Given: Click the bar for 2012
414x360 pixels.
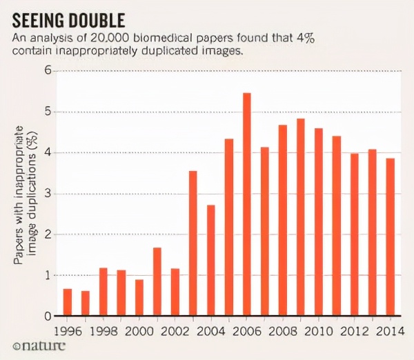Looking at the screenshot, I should point(354,234).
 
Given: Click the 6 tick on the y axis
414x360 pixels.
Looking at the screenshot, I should point(48,70).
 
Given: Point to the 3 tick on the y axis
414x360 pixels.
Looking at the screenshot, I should point(48,193).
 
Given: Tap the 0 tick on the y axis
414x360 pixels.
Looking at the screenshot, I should point(48,316).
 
